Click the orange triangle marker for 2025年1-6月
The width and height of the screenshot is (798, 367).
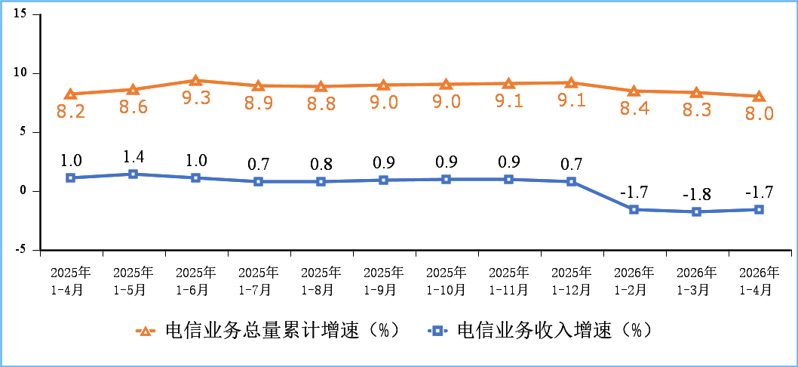[196, 81]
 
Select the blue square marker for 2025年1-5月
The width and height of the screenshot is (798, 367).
[134, 174]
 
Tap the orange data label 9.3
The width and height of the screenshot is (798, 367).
[196, 98]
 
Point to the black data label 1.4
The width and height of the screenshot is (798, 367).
[134, 157]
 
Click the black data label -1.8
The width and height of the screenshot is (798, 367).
[697, 195]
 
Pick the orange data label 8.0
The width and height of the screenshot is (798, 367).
[759, 113]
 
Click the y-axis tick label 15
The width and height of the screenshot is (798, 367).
[20, 14]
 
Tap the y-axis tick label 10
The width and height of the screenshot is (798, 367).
[20, 73]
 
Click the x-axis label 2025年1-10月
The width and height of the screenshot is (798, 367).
[447, 281]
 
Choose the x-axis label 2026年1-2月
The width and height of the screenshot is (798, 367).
[634, 281]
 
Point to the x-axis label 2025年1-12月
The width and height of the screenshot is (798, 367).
[572, 281]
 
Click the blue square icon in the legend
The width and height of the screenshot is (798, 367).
[437, 332]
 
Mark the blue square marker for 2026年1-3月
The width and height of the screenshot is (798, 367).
[697, 211]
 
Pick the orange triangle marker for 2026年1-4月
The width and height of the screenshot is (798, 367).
[759, 97]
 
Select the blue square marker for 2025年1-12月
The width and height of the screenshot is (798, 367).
[572, 181]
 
